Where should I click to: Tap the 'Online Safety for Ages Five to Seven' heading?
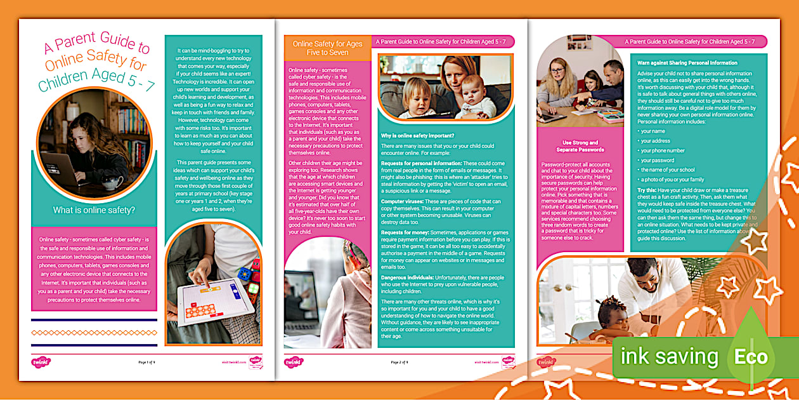[327, 48]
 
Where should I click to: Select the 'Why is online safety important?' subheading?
[417, 135]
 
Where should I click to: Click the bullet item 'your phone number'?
[662, 150]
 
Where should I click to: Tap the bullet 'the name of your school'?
[667, 170]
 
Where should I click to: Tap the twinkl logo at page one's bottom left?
[41, 362]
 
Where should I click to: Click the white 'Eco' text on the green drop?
[751, 357]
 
